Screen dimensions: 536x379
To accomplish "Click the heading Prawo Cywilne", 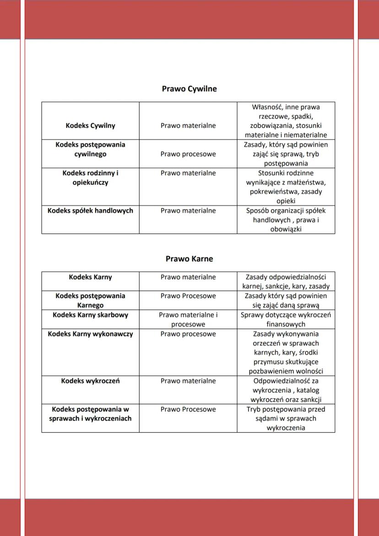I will coord(189,89).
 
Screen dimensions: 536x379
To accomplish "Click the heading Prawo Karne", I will coord(189,259).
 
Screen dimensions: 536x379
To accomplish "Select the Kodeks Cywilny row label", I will coord(90,125).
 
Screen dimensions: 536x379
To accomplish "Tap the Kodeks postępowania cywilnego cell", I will coord(90,149).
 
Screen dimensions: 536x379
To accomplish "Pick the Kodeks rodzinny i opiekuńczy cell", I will coord(90,178).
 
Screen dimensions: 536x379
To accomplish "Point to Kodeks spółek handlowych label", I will coord(90,211).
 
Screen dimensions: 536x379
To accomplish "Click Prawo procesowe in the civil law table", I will coord(188,154).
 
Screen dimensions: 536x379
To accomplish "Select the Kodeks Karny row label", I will coord(90,277).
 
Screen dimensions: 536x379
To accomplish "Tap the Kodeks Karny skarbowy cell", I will coord(90,315).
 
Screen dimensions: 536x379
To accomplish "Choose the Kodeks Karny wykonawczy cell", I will coord(90,334).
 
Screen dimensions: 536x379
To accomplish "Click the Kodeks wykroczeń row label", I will coord(90,381).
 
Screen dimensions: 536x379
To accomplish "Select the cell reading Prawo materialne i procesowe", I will coord(188,319).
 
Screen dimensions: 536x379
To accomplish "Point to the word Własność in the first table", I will coord(267,107).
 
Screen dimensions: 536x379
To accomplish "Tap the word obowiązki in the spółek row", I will coord(286,229).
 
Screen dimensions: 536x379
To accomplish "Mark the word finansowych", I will coord(286,324).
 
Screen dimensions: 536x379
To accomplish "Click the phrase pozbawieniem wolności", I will coord(286,371).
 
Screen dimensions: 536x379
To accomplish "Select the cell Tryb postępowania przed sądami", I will coord(286,418).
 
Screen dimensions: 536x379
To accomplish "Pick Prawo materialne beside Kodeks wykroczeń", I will coord(188,381).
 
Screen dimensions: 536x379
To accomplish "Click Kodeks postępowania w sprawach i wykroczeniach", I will coord(90,414).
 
